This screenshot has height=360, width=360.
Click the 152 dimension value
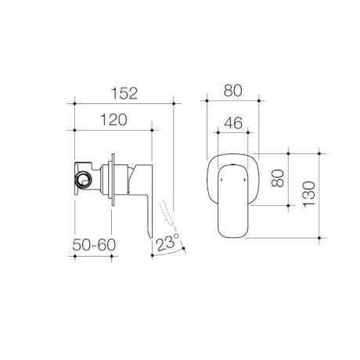[x=122, y=92]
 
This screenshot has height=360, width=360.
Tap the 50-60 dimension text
[x=95, y=246]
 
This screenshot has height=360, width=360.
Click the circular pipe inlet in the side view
[x=81, y=183]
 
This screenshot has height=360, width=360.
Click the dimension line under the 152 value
[x=123, y=103]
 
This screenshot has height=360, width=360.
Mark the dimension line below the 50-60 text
[x=95, y=256]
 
